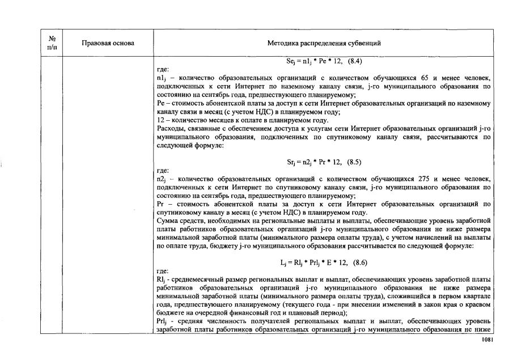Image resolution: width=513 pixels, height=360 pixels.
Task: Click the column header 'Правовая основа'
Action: click(108, 43)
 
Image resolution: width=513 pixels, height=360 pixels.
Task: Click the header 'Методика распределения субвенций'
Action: click(324, 43)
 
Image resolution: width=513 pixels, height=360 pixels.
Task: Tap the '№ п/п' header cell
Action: click(51, 43)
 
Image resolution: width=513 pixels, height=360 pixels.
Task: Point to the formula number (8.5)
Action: click(354, 162)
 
